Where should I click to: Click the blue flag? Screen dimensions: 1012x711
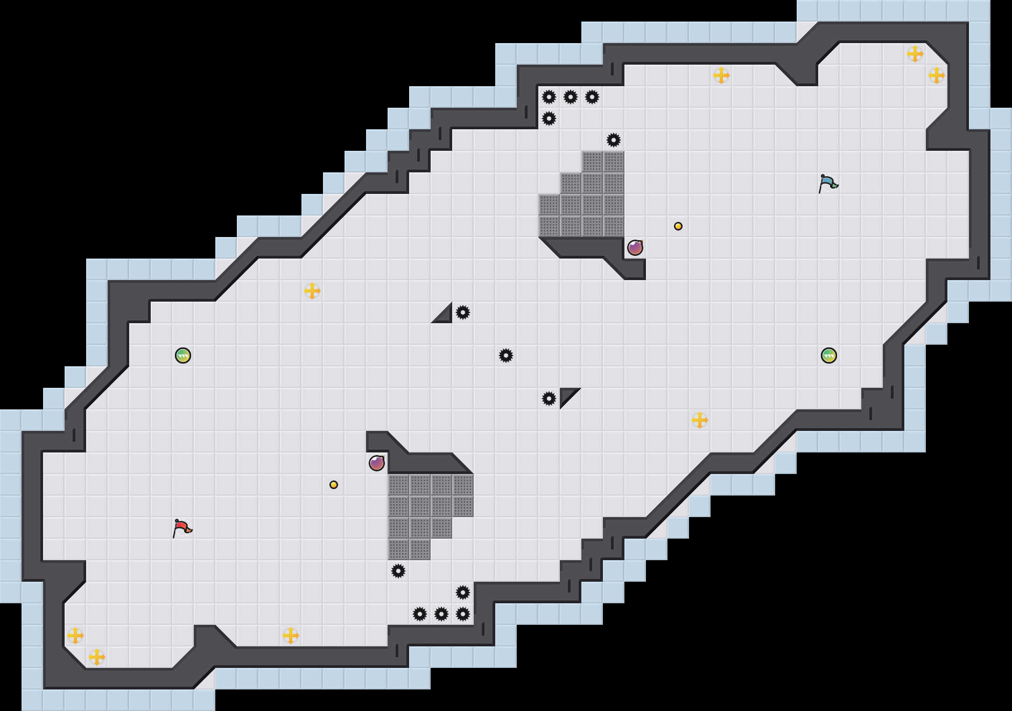(828, 183)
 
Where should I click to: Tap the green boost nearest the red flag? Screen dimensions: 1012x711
(183, 356)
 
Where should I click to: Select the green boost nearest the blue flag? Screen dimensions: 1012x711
(829, 356)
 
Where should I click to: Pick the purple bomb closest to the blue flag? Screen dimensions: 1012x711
(635, 248)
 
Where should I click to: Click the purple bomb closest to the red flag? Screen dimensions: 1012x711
(377, 463)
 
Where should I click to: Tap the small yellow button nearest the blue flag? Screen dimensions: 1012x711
(678, 226)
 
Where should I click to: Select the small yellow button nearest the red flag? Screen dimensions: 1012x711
(334, 485)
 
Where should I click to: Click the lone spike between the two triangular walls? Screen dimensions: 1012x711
(506, 356)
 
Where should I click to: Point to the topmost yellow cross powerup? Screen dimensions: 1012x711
(915, 54)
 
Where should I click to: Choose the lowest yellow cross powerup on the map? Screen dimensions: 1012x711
(97, 657)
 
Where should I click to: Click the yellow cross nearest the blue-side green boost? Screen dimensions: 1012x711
(700, 420)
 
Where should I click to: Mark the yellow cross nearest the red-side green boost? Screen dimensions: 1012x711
(312, 291)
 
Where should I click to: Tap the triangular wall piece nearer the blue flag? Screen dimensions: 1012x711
(566, 395)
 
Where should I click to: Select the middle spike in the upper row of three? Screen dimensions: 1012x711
(571, 97)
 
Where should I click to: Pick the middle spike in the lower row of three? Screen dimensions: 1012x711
(441, 614)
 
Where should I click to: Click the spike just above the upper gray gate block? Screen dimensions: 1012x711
(614, 140)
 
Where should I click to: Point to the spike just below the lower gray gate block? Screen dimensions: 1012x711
(398, 571)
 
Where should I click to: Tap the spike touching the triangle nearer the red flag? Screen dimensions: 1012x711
(463, 312)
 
